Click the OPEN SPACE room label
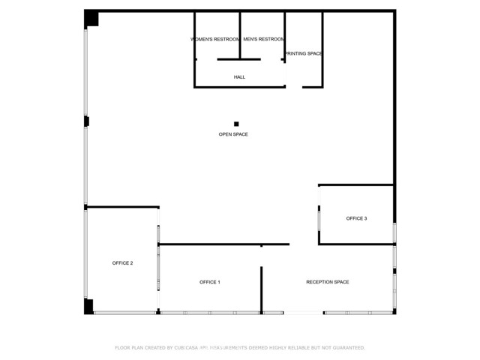(233, 134)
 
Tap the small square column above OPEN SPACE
(236, 124)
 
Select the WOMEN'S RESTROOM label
(215, 39)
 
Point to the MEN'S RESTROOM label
(263, 39)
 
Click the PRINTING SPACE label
(303, 54)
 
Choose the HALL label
(239, 76)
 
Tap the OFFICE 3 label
(356, 218)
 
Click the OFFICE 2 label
(122, 263)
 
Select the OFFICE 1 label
(209, 282)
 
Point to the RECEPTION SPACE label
(328, 282)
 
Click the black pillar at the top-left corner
(91, 19)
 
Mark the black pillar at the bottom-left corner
(88, 306)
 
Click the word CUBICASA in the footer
(190, 348)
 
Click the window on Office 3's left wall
(319, 217)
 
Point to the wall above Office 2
(122, 207)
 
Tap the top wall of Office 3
(356, 184)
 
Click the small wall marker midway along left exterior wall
(87, 121)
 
